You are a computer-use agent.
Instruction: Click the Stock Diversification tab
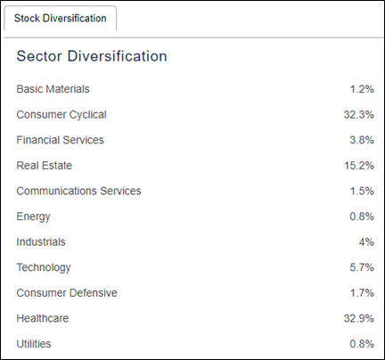point(60,18)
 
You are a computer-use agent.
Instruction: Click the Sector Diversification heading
point(92,56)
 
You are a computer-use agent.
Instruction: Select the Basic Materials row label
point(53,89)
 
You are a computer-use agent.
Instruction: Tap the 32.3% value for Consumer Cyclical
point(359,115)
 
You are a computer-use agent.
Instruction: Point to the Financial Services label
point(60,140)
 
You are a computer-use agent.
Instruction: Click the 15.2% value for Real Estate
point(359,166)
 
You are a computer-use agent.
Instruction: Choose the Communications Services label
point(78,191)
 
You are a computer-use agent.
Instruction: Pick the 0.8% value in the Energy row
point(362,217)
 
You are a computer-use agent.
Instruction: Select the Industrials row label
point(41,242)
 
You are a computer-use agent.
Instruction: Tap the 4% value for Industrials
point(366,242)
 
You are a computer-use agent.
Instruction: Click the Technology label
point(44,267)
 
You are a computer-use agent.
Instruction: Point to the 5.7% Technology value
point(362,267)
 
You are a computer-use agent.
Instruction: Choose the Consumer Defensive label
point(67,293)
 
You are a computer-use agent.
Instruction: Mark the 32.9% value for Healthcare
point(359,318)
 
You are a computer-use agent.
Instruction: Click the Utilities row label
point(34,344)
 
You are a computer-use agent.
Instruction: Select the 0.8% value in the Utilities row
point(362,344)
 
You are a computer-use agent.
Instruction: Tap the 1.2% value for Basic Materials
point(362,89)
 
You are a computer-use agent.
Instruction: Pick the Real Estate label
point(45,166)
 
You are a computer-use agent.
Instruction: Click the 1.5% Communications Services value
point(362,191)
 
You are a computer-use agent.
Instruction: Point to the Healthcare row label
point(43,318)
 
